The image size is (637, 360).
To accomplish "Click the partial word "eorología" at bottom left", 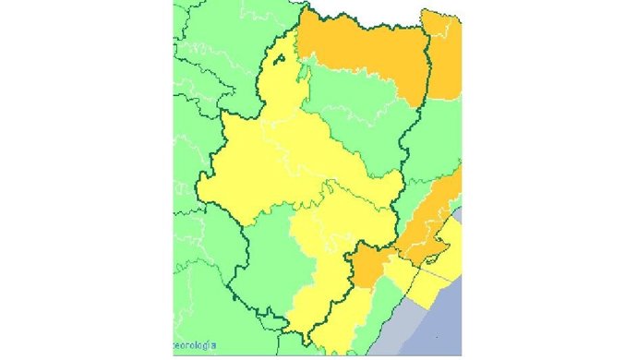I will (195, 344).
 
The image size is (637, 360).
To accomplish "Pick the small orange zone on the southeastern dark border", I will (370, 267).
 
